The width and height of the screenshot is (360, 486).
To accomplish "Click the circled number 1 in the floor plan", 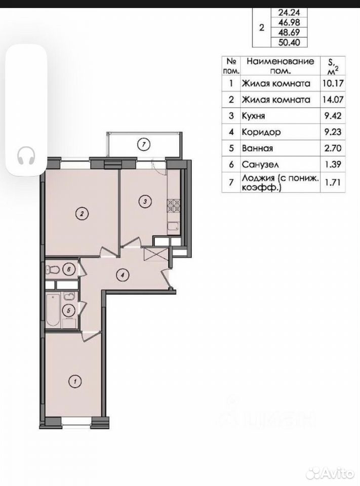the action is pyautogui.click(x=75, y=381).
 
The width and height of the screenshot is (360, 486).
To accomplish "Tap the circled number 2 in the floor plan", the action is pyautogui.click(x=82, y=213).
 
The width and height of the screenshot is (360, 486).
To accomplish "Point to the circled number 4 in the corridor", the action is pyautogui.click(x=123, y=274).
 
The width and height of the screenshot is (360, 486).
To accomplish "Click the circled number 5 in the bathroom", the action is pyautogui.click(x=69, y=310).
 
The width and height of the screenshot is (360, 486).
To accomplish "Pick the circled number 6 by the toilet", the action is pyautogui.click(x=69, y=269).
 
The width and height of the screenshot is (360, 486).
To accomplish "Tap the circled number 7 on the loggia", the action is pyautogui.click(x=144, y=144).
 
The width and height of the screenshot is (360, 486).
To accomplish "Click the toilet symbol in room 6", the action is pyautogui.click(x=52, y=270).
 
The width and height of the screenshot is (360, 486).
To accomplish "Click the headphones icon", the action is pyautogui.click(x=26, y=155).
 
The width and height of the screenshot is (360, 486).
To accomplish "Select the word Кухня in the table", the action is pyautogui.click(x=253, y=116).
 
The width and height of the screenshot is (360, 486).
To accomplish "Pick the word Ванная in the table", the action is pyautogui.click(x=257, y=148).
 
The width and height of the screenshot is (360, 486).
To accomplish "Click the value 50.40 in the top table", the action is pyautogui.click(x=289, y=42).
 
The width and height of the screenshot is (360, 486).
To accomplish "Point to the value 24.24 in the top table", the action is pyautogui.click(x=289, y=12).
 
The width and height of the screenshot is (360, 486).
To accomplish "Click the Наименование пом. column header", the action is pyautogui.click(x=280, y=66).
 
